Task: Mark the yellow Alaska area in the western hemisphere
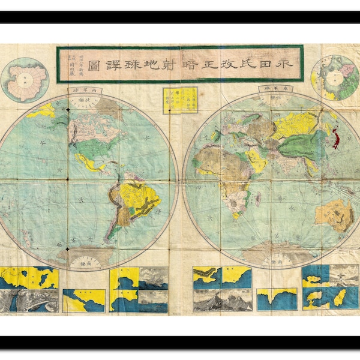(x=42, y=110)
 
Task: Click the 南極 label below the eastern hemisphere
(x=275, y=262)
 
